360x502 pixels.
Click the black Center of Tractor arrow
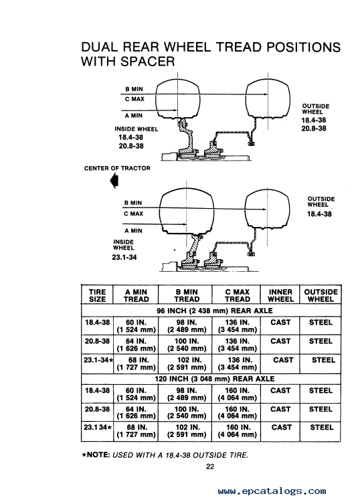(x=114, y=181)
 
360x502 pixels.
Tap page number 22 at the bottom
(x=210, y=467)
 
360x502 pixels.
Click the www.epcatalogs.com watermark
(x=272, y=491)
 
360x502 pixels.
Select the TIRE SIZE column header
(x=97, y=295)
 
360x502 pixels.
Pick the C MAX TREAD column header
(x=237, y=295)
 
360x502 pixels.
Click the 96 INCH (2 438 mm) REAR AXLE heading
(x=214, y=311)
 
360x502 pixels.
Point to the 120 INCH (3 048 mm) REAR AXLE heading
(x=214, y=379)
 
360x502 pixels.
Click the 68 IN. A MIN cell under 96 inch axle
(x=136, y=363)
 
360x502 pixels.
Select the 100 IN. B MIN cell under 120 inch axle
(x=187, y=413)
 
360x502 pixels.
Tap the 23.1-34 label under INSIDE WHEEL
(x=124, y=257)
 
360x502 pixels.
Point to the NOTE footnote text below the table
(x=165, y=455)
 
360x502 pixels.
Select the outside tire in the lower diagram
(x=267, y=210)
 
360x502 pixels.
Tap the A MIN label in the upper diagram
(x=134, y=116)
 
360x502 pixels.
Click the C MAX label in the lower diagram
(x=133, y=214)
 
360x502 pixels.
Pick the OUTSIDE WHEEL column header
(x=321, y=295)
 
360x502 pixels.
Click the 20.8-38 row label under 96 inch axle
(x=97, y=341)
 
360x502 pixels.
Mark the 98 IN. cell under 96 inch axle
(x=187, y=326)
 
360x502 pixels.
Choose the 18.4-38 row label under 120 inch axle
(x=97, y=390)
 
